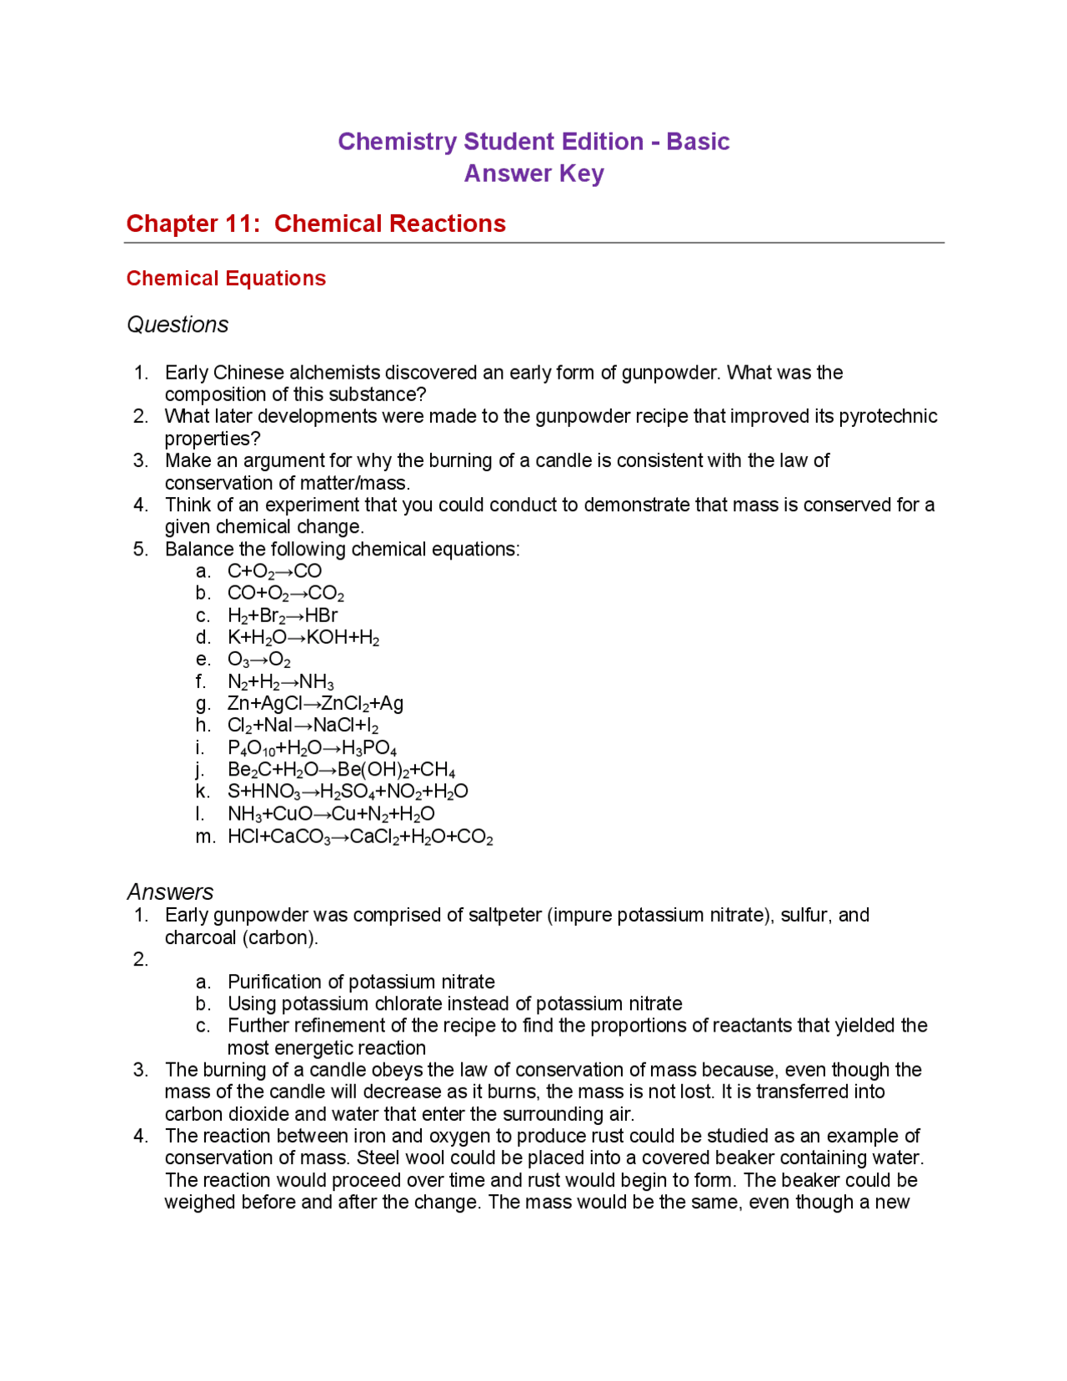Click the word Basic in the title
pyautogui.click(x=698, y=142)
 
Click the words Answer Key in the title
pyautogui.click(x=533, y=173)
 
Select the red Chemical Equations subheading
pyautogui.click(x=226, y=279)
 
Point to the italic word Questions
pyautogui.click(x=178, y=324)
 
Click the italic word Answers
pyautogui.click(x=170, y=891)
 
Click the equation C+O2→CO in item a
pyautogui.click(x=274, y=571)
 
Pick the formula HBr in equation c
pyautogui.click(x=321, y=615)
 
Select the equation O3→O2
pyautogui.click(x=259, y=660)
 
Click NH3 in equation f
pyautogui.click(x=317, y=682)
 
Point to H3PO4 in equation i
pyautogui.click(x=369, y=748)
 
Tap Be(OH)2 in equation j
pyautogui.click(x=372, y=770)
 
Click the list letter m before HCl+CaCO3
pyautogui.click(x=205, y=836)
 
